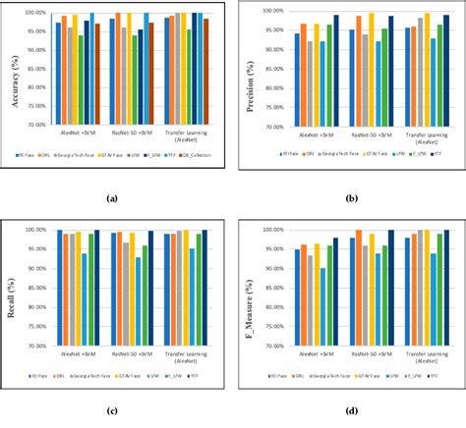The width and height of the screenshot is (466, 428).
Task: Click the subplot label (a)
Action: click(111, 199)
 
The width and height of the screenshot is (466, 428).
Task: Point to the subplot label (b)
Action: click(352, 199)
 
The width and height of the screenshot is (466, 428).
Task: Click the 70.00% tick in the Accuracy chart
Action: click(36, 125)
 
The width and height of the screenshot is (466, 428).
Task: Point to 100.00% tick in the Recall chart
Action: click(36, 230)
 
